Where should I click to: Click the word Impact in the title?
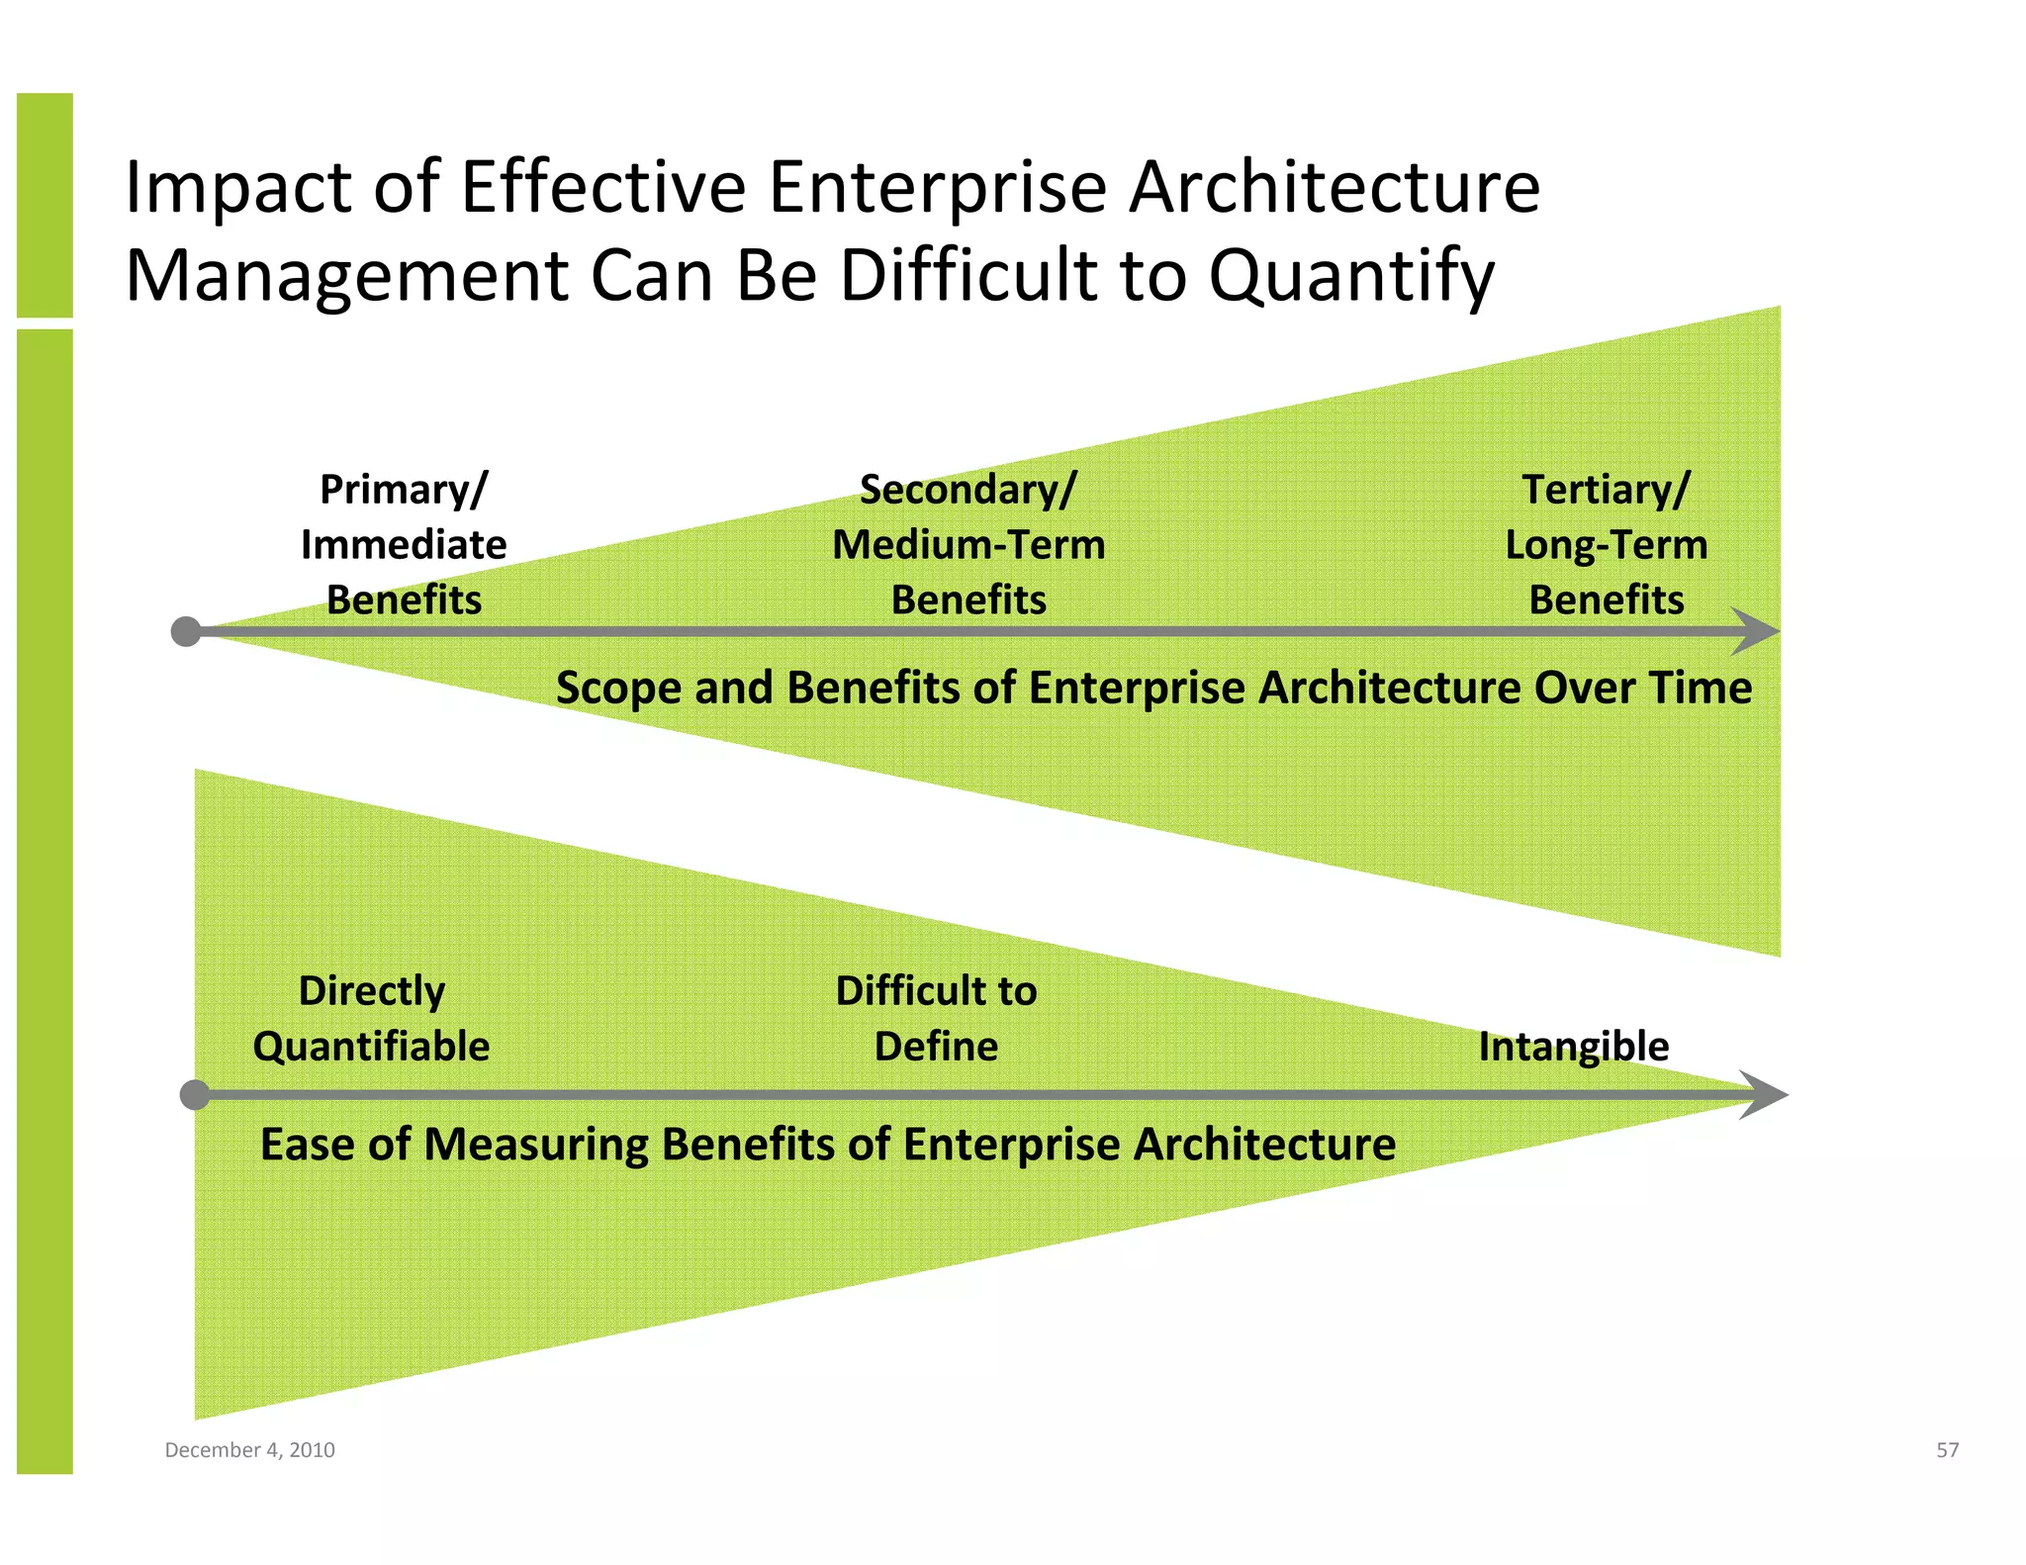pos(237,188)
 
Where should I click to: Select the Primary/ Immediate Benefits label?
pos(404,545)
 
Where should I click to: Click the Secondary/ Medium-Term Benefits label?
pos(968,545)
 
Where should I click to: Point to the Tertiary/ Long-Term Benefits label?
pos(1606,545)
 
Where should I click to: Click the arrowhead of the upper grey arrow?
pos(1758,631)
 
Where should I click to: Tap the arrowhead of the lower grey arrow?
pos(1766,1095)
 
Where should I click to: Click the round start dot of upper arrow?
pos(186,631)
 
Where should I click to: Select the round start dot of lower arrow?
pos(195,1095)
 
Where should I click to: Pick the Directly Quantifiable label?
pos(371,1018)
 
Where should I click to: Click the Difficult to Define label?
pos(936,1018)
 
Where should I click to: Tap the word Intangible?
pos(1573,1047)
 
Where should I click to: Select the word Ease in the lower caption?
pos(303,1145)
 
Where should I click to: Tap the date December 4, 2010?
pos(249,1450)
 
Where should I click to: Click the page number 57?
pos(1947,1450)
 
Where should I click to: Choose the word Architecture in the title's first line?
pos(1334,188)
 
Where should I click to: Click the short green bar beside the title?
pos(45,205)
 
